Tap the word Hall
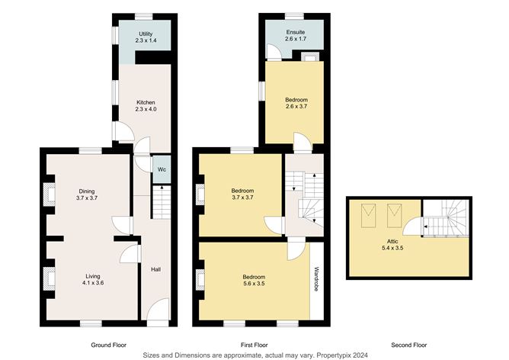point(155,269)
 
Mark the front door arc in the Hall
point(158,311)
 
